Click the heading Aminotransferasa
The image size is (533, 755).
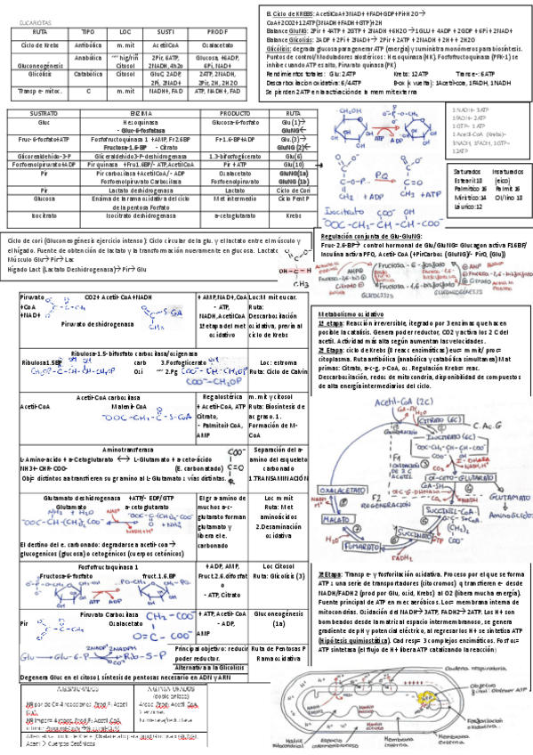tap(130, 450)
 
